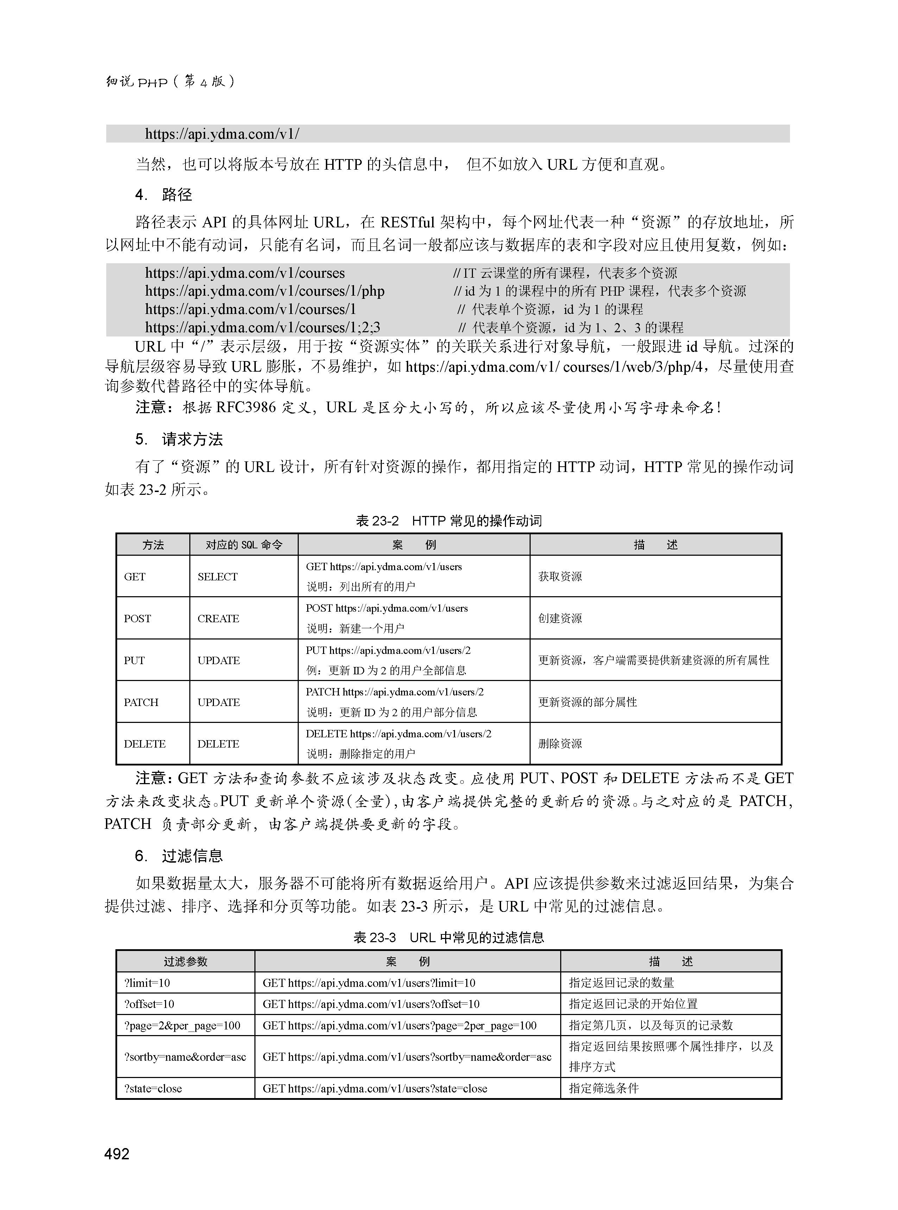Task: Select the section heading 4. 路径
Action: point(164,195)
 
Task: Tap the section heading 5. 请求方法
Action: point(179,439)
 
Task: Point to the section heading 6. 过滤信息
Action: point(179,856)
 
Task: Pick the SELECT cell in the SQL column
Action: point(217,577)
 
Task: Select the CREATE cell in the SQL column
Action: point(218,619)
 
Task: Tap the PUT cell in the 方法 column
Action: point(134,661)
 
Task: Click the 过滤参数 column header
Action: point(185,962)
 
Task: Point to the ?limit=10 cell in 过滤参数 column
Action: point(147,983)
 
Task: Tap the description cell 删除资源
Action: point(560,744)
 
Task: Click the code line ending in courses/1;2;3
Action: point(263,327)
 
